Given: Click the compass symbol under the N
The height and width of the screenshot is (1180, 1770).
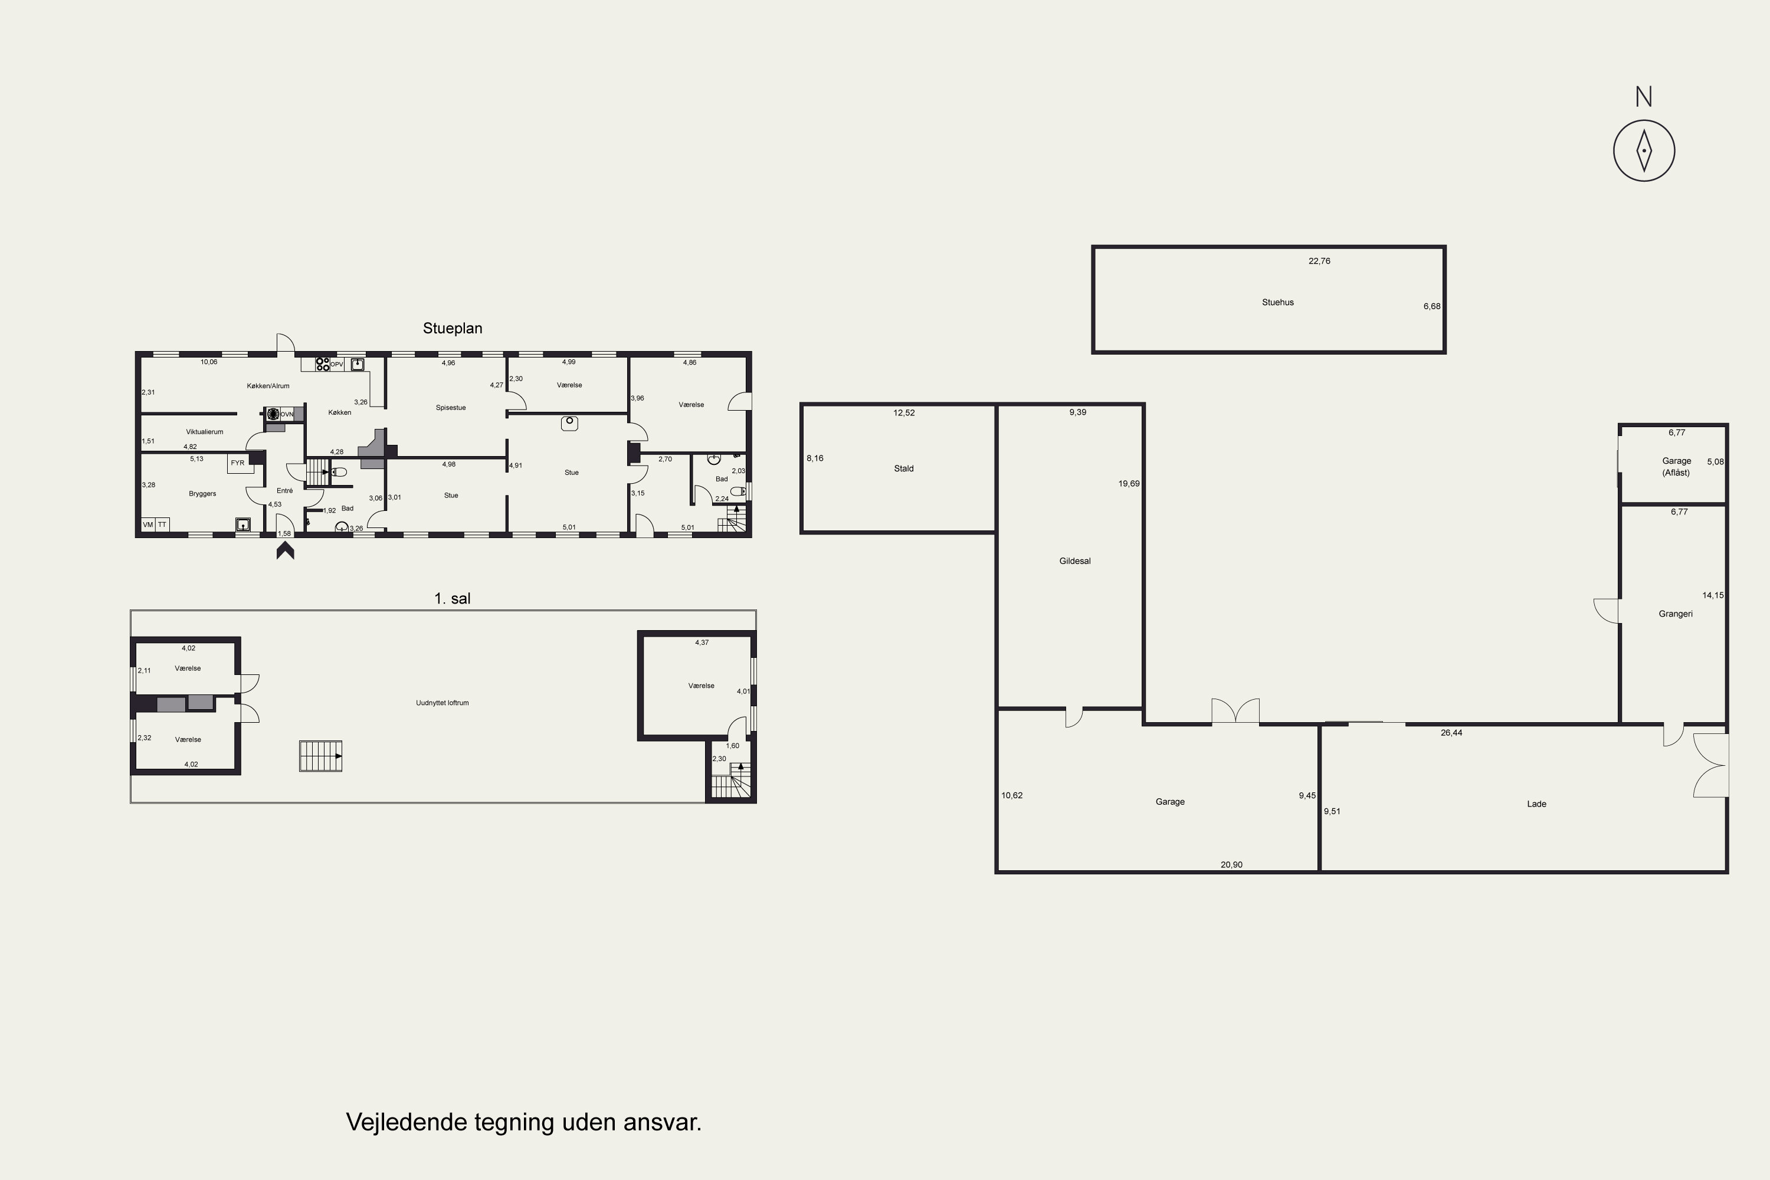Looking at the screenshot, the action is click(1644, 150).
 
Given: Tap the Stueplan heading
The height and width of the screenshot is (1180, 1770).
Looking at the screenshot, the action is click(453, 328).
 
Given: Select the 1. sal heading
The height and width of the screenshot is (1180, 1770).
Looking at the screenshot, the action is click(453, 598).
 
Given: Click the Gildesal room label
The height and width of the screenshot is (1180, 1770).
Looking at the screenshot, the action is click(1074, 560).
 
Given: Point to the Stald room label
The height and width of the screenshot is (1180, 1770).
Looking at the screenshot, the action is click(904, 468).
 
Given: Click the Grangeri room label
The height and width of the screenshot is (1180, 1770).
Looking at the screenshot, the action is click(1675, 614).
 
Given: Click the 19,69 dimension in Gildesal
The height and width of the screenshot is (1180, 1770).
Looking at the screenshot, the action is click(1129, 484).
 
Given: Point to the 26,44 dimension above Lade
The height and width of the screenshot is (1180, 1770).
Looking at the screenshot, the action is click(1451, 733).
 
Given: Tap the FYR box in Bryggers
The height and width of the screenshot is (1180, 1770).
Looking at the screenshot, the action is click(238, 463).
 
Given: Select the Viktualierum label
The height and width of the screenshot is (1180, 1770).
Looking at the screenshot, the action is click(205, 432).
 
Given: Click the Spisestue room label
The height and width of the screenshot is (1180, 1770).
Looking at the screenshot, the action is click(451, 408).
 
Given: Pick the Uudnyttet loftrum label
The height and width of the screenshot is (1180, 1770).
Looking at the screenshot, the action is click(442, 703).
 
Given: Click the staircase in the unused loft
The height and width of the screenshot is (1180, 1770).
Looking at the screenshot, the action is click(320, 756).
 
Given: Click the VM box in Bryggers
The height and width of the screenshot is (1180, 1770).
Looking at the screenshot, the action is click(148, 525).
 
